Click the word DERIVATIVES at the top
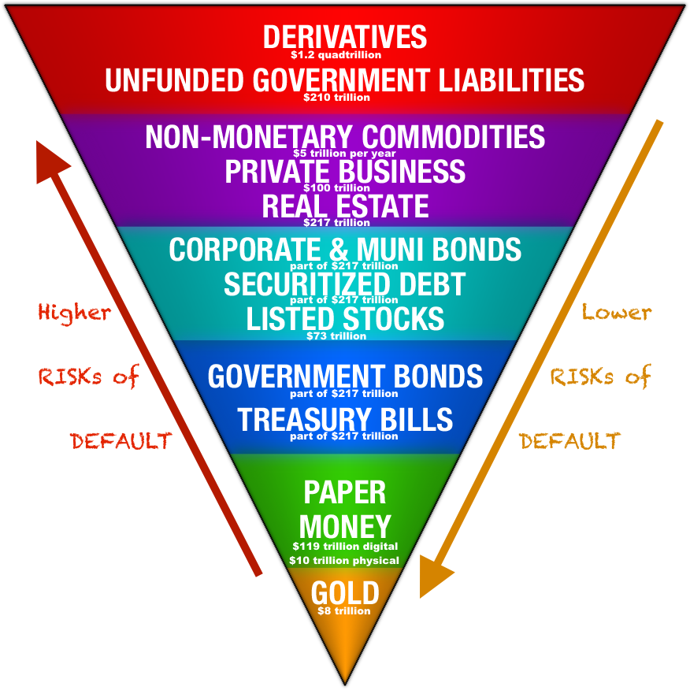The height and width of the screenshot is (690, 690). pyautogui.click(x=345, y=36)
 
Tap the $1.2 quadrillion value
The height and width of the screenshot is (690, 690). pyautogui.click(x=345, y=55)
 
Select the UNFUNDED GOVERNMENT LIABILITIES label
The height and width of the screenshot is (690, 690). pyautogui.click(x=345, y=80)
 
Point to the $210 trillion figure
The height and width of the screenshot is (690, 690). pyautogui.click(x=345, y=99)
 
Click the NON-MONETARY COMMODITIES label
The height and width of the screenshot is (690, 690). pyautogui.click(x=345, y=136)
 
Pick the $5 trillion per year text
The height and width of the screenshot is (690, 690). pyautogui.click(x=345, y=154)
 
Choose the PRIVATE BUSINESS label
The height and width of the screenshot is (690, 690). pyautogui.click(x=345, y=171)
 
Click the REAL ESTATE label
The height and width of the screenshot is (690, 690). pyautogui.click(x=345, y=206)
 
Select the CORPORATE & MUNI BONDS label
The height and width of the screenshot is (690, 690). pyautogui.click(x=345, y=249)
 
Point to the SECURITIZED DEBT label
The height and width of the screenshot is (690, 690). pyautogui.click(x=345, y=284)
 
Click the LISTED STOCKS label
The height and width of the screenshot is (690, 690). pyautogui.click(x=345, y=319)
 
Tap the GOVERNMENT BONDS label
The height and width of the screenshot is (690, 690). pyautogui.click(x=345, y=376)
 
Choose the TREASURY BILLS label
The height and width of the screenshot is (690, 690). pyautogui.click(x=345, y=420)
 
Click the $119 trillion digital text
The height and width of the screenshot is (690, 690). pyautogui.click(x=345, y=545)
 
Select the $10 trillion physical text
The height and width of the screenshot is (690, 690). pyautogui.click(x=345, y=560)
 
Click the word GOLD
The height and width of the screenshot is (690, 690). pyautogui.click(x=345, y=592)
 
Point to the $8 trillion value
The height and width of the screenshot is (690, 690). pyautogui.click(x=344, y=610)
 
